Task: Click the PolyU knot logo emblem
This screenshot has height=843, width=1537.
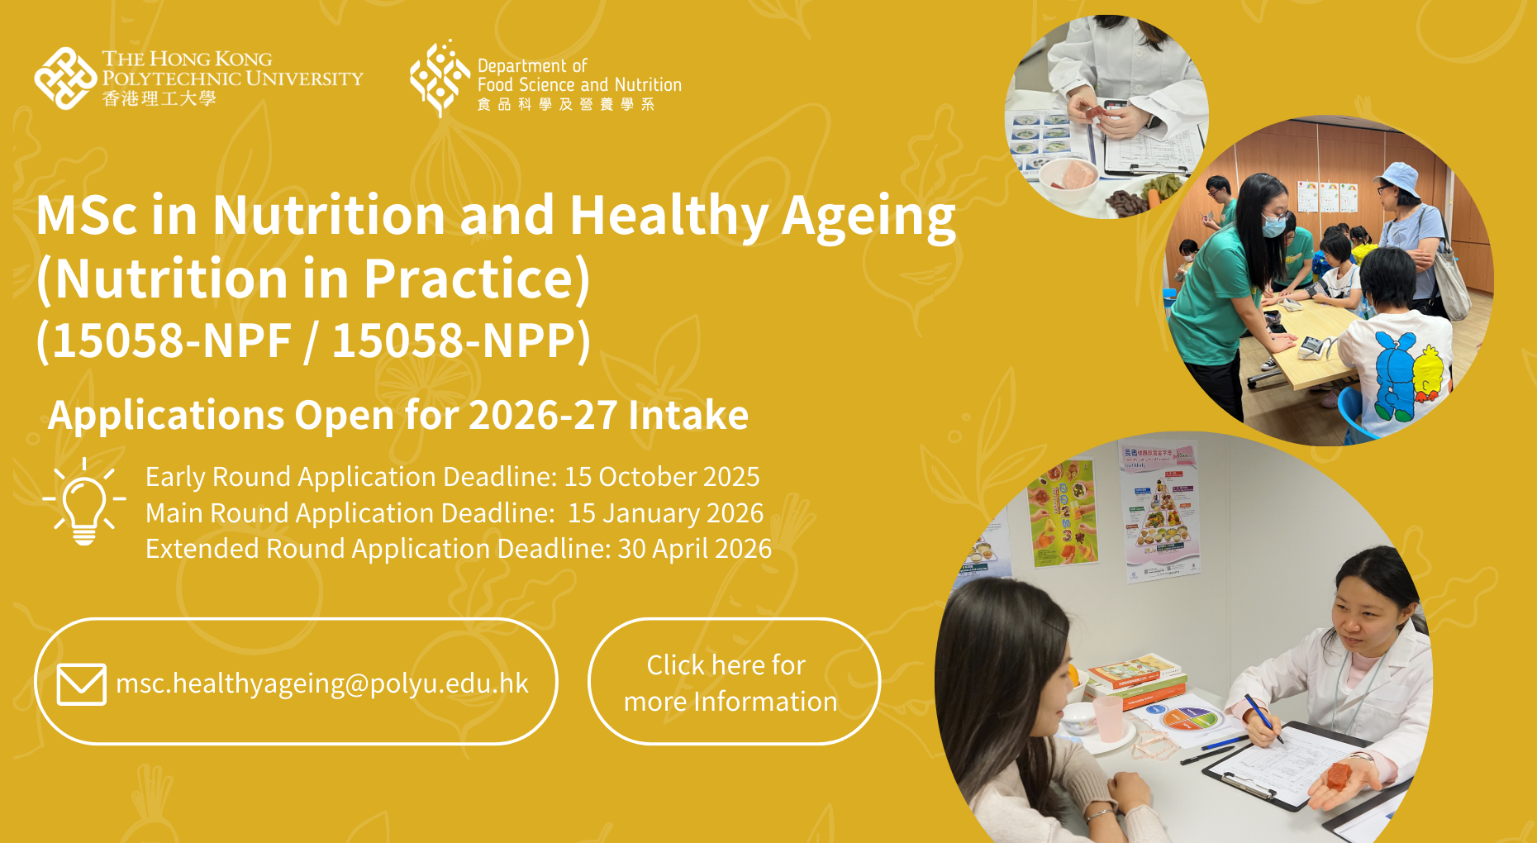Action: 65,79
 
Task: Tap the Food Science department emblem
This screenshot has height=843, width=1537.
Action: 440,79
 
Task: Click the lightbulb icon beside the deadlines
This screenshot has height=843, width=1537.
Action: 84,502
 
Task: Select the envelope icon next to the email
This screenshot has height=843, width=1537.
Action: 81,683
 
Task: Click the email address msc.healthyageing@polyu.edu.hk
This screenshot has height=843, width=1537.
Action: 322,683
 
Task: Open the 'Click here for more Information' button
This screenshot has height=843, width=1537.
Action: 734,681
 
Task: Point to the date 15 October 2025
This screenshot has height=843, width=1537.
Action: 662,477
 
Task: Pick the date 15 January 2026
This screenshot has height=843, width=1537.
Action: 665,513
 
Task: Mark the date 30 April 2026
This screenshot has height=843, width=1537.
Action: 695,549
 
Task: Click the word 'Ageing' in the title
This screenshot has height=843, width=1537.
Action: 868,217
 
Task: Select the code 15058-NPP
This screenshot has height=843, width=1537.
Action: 454,341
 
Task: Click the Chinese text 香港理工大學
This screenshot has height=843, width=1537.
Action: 159,99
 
